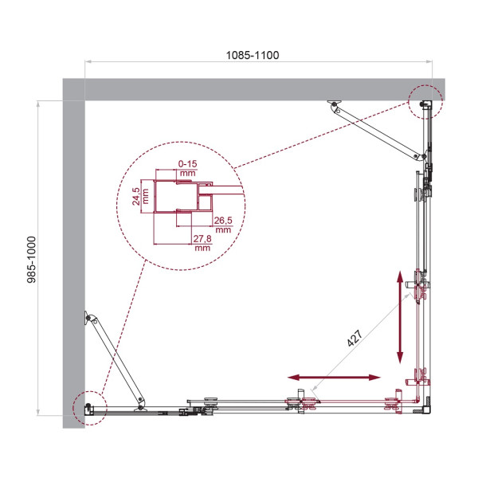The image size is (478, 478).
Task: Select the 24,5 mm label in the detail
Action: pos(136,194)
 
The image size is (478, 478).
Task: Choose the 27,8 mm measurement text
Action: pos(201,242)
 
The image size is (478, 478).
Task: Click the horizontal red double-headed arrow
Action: pos(334,377)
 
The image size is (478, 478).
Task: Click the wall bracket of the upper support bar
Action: pos(335,104)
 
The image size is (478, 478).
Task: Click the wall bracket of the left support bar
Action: pos(88,319)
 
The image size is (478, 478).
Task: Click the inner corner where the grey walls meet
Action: pos(85,100)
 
